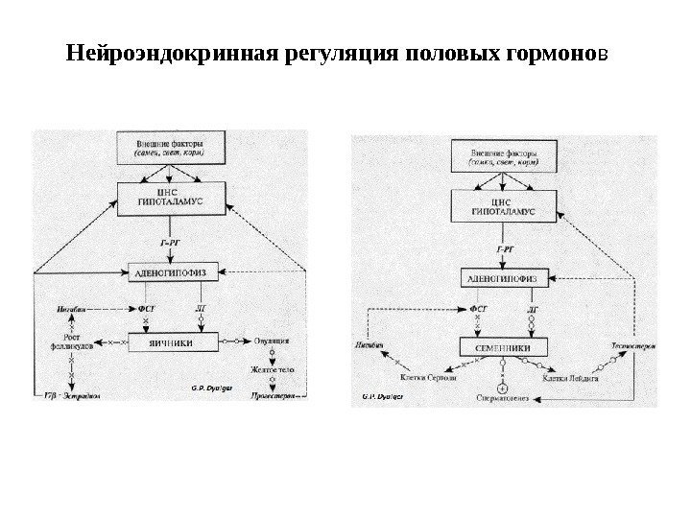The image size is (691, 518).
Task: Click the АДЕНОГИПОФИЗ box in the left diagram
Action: pos(170,270)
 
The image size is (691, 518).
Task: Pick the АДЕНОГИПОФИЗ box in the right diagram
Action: pos(505,278)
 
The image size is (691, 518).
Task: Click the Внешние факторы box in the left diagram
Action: pos(170,149)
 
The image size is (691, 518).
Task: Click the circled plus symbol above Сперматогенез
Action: pos(501,388)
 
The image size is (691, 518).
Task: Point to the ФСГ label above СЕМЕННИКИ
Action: pos(477,310)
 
